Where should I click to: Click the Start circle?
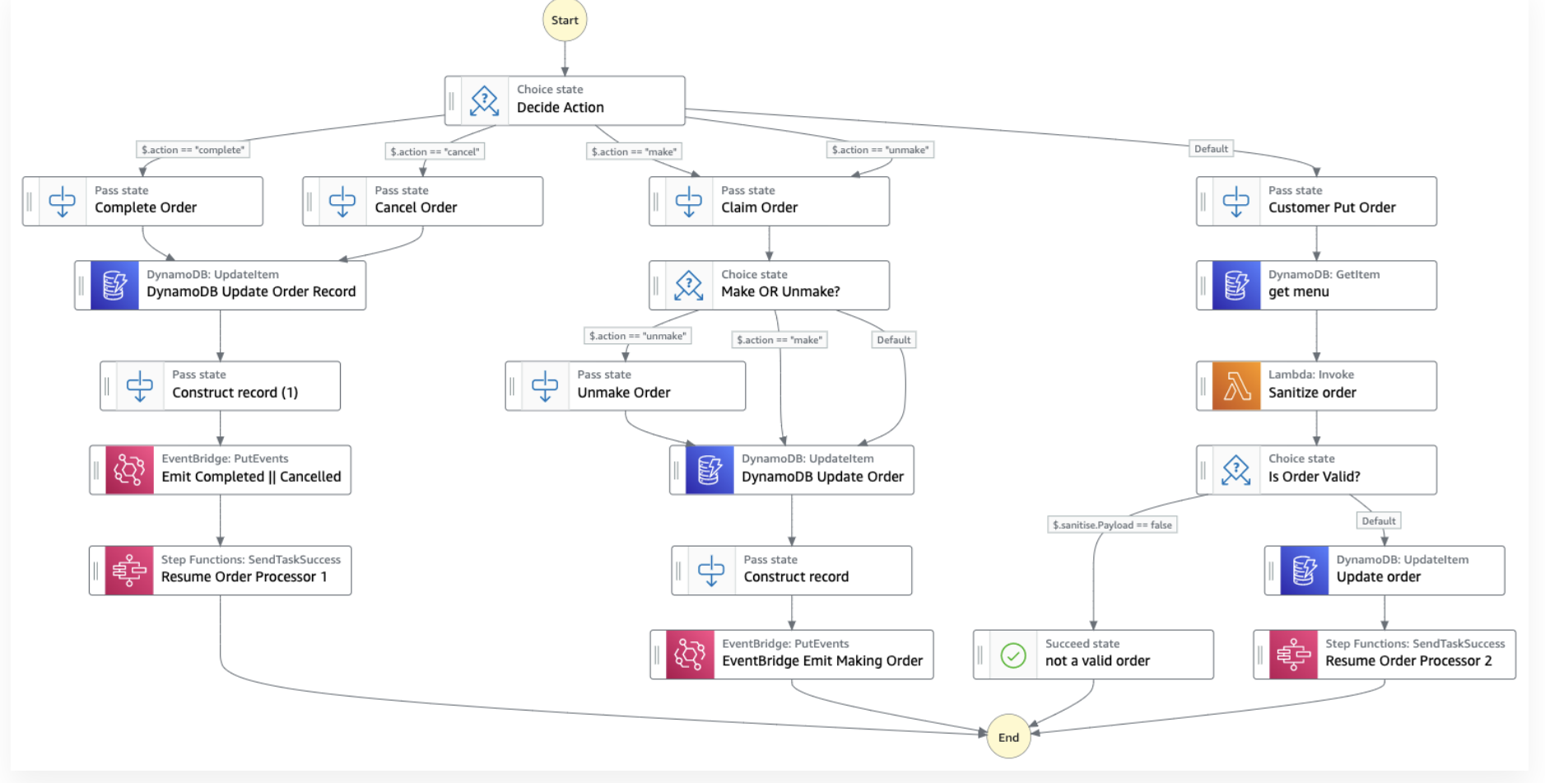pyautogui.click(x=565, y=21)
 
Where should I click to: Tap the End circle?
pyautogui.click(x=1008, y=737)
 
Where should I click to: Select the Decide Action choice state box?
pyautogui.click(x=565, y=100)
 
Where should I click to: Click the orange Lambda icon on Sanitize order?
pyautogui.click(x=1236, y=386)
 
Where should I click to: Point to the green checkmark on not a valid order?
pyautogui.click(x=1013, y=655)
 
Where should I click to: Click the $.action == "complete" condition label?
pyautogui.click(x=193, y=150)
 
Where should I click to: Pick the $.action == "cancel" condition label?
pyautogui.click(x=435, y=151)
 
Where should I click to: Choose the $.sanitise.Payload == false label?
pyautogui.click(x=1112, y=524)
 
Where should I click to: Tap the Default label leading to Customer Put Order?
pyautogui.click(x=1211, y=149)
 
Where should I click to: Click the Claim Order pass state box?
pyautogui.click(x=769, y=202)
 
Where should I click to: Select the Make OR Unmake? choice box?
pyautogui.click(x=769, y=286)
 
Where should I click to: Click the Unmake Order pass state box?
pyautogui.click(x=626, y=386)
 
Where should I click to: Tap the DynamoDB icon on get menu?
pyautogui.click(x=1236, y=286)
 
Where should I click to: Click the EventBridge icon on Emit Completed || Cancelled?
pyautogui.click(x=129, y=470)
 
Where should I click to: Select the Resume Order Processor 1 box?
pyautogui.click(x=221, y=571)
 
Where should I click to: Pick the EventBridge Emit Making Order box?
pyautogui.click(x=792, y=655)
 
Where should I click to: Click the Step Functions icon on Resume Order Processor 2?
pyautogui.click(x=1293, y=655)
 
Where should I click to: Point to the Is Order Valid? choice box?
pyautogui.click(x=1316, y=470)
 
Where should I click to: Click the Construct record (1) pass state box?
pyautogui.click(x=221, y=386)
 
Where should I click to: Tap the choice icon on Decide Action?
pyautogui.click(x=484, y=100)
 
